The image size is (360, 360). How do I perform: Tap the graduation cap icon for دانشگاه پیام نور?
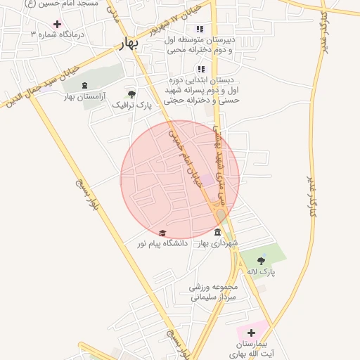click(162, 233)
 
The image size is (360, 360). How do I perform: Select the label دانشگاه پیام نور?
click(163, 244)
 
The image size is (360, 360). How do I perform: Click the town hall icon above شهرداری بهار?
click(217, 233)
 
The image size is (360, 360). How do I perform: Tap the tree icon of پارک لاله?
click(261, 260)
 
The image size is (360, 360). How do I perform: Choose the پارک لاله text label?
click(261, 271)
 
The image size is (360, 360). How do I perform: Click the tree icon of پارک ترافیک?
click(131, 94)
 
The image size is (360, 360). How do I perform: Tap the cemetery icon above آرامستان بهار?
click(84, 86)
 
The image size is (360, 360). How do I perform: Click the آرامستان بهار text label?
click(84, 96)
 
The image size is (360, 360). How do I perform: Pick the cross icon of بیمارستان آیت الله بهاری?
click(251, 332)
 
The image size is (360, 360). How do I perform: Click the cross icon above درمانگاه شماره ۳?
click(58, 24)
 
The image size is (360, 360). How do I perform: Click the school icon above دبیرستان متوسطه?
click(200, 30)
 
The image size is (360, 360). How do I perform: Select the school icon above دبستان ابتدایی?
click(201, 69)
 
